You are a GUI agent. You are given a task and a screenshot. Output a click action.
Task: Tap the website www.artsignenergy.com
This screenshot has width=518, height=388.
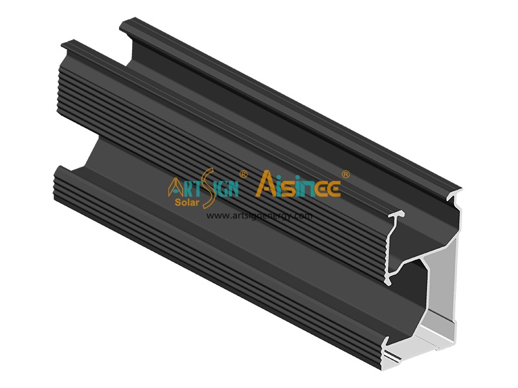[260, 215]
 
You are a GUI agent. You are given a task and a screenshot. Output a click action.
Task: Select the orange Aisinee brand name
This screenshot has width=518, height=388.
[298, 184]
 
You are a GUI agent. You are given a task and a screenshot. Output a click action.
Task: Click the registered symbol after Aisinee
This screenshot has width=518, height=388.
[346, 174]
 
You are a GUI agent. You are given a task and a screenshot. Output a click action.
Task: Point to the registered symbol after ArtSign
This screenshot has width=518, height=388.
[243, 174]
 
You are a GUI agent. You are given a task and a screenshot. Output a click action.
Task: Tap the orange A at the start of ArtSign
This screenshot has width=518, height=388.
[175, 188]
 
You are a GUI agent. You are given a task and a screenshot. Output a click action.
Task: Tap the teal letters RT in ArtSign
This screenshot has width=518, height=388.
[189, 188]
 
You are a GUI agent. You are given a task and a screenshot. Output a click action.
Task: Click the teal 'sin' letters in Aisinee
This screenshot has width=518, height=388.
[297, 188]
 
